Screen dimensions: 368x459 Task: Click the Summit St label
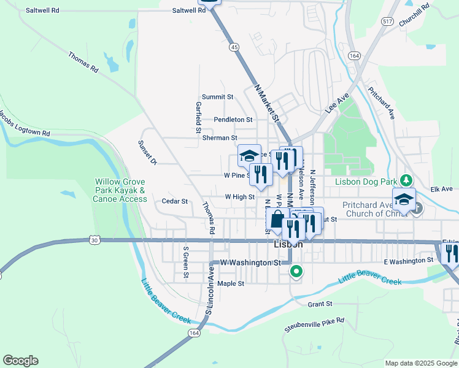tap(218, 97)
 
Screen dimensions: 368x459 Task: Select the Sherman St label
tap(220, 138)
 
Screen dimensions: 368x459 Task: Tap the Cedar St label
tap(174, 201)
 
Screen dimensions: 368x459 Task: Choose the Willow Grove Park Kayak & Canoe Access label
tap(120, 190)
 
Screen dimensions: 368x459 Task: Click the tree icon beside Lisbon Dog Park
tap(405, 180)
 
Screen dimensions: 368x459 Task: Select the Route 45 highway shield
tap(233, 47)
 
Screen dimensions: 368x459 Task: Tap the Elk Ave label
tap(441, 190)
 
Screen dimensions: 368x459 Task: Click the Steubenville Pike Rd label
tap(314, 325)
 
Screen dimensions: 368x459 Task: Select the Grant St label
tap(320, 304)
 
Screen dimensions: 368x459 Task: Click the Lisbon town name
tap(285, 244)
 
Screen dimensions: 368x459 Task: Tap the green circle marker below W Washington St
tap(296, 270)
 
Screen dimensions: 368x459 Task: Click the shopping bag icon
tap(277, 220)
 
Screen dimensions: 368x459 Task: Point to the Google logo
tap(20, 361)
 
